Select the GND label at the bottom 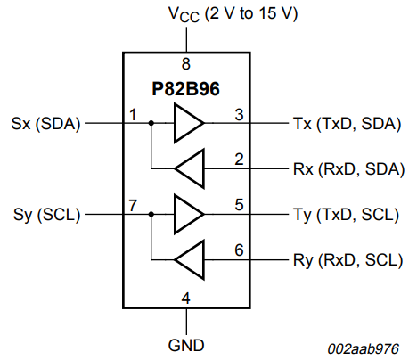click(185, 343)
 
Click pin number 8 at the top click(185, 63)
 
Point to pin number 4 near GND click(185, 298)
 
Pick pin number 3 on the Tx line click(239, 115)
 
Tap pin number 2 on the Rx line click(239, 159)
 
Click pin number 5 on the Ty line click(239, 206)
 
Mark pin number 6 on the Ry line click(239, 250)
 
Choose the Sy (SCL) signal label click(47, 215)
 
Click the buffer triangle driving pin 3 click(187, 124)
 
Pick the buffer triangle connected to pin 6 click(188, 259)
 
